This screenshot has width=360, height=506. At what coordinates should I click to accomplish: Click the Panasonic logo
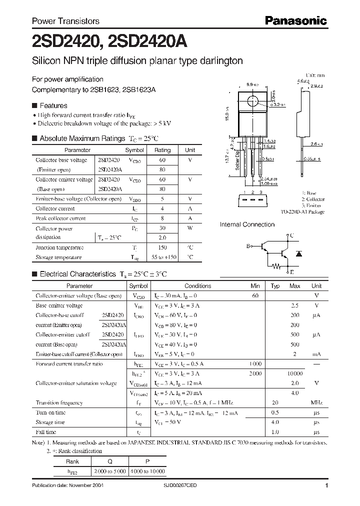[x=295, y=21]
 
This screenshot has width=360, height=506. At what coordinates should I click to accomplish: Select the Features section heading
[x=53, y=106]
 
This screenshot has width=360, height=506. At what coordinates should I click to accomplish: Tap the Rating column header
[x=162, y=150]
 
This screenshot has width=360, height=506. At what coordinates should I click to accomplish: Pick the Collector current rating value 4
[x=162, y=208]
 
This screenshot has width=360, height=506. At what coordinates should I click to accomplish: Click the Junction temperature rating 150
[x=162, y=247]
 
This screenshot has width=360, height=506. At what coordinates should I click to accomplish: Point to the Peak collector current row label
[x=60, y=218]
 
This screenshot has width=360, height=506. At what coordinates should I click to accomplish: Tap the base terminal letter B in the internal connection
[x=248, y=246]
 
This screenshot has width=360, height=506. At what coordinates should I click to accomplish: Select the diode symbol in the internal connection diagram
[x=299, y=254]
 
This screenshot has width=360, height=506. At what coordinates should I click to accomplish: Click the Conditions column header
[x=198, y=286]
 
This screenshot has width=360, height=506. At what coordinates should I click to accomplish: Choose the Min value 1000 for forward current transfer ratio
[x=255, y=364]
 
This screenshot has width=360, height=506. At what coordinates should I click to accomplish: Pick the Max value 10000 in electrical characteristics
[x=295, y=373]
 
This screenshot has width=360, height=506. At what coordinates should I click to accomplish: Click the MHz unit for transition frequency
[x=316, y=402]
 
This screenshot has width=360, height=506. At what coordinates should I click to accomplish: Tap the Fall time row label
[x=46, y=431]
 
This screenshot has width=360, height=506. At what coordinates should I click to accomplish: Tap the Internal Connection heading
[x=247, y=225]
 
